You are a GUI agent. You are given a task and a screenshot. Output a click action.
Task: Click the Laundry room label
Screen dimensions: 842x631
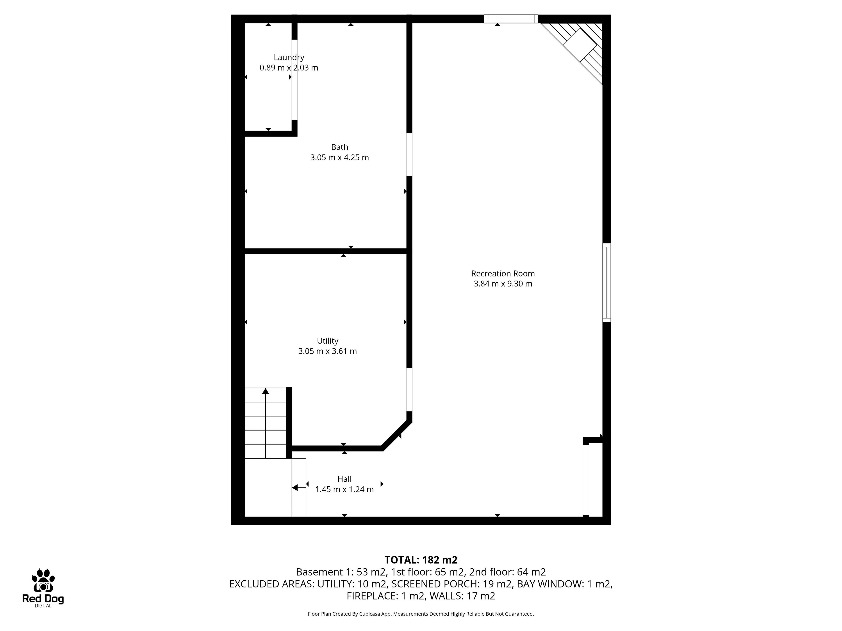(x=289, y=57)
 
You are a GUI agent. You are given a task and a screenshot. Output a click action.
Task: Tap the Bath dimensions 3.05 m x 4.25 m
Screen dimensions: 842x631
(x=339, y=158)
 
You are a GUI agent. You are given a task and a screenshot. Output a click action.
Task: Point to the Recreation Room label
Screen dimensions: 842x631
(x=503, y=273)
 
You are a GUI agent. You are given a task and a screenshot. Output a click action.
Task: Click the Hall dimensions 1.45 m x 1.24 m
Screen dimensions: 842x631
(x=344, y=489)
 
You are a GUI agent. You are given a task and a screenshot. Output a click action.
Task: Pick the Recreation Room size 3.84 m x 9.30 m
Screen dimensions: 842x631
(x=503, y=284)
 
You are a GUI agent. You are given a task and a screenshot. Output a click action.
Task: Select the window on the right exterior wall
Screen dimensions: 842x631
(x=607, y=283)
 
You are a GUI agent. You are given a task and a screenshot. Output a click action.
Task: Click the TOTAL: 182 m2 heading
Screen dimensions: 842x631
(x=421, y=560)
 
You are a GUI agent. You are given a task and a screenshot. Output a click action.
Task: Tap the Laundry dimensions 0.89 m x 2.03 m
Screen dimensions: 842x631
(x=289, y=68)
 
